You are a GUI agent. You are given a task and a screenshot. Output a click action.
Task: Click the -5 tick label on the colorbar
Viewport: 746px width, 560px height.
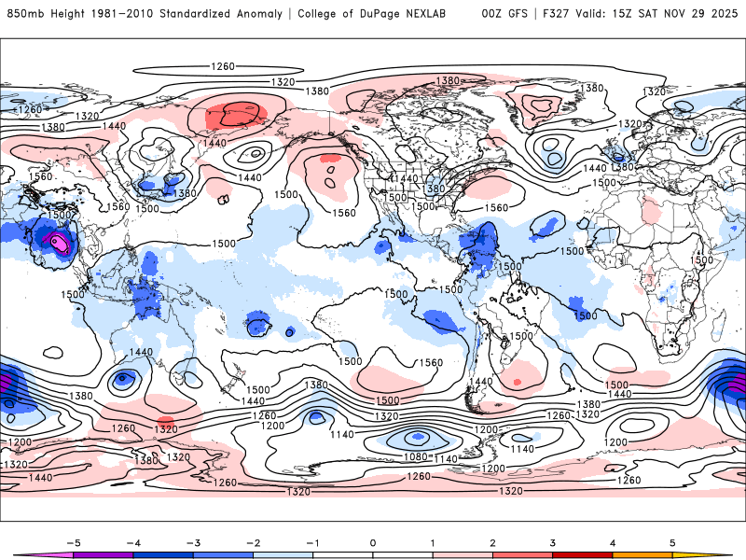pyautogui.click(x=69, y=541)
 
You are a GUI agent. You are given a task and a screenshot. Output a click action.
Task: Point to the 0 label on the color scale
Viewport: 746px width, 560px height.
pyautogui.click(x=373, y=541)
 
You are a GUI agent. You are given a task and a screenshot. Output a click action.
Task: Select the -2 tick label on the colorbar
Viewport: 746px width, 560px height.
pyautogui.click(x=252, y=541)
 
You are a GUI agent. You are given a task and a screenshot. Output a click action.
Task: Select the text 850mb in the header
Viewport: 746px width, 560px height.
pyautogui.click(x=24, y=14)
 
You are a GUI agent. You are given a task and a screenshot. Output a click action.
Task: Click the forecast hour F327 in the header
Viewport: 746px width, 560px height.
pyautogui.click(x=550, y=14)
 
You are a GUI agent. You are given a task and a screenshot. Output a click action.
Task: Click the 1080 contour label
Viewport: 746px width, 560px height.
pyautogui.click(x=419, y=457)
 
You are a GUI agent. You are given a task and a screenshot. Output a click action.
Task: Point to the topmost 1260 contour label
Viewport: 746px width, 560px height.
pyautogui.click(x=222, y=66)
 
